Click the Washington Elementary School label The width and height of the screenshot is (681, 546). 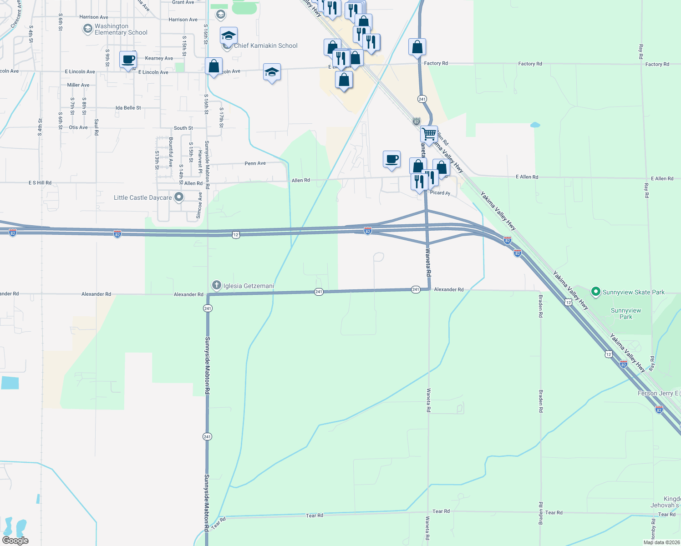point(121,30)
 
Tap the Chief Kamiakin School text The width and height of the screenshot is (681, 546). point(265,45)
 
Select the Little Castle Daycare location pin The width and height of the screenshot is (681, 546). point(179,197)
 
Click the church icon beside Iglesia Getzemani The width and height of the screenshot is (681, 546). point(217,286)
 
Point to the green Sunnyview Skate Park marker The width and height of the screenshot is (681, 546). point(595,292)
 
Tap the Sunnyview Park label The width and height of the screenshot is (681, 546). point(626,313)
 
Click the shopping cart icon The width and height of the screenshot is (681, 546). point(429,134)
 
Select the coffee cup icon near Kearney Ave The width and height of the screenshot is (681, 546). point(128,60)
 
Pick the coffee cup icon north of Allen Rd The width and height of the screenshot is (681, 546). point(391,159)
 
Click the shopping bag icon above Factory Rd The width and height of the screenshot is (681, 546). point(417,47)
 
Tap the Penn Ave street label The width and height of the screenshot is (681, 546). point(255,163)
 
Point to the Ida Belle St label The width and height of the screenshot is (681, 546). point(128,108)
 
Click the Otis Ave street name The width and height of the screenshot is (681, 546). point(78,127)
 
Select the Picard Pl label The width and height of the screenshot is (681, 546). point(440,193)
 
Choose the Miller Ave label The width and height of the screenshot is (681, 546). point(78,85)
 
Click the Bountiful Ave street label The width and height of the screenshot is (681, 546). point(171,152)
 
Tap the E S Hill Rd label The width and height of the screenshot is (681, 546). point(40,183)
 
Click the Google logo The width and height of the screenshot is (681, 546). point(15,541)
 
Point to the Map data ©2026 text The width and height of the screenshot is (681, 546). point(661,542)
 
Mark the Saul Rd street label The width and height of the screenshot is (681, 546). point(97,127)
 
